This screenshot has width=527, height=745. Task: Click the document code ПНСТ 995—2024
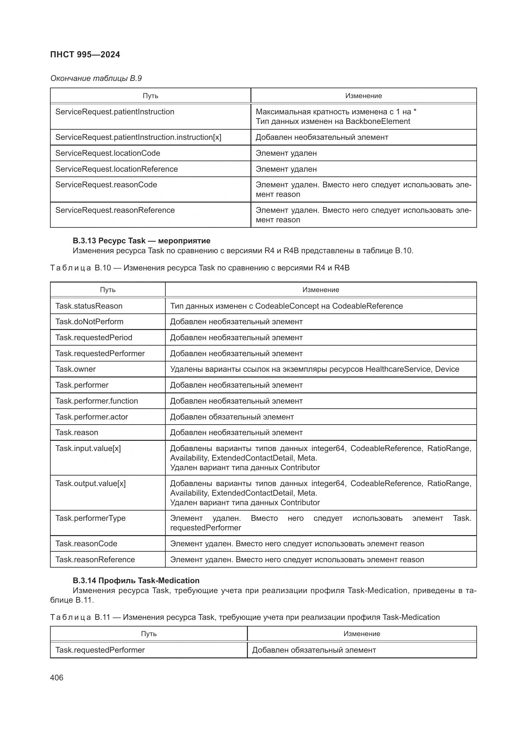[85, 54]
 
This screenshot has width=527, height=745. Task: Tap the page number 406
[57, 677]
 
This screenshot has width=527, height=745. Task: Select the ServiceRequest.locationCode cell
[107, 153]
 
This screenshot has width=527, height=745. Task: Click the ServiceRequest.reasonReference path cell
[115, 210]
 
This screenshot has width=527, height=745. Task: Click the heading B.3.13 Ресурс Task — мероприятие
[141, 241]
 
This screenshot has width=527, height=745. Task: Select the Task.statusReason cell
[89, 306]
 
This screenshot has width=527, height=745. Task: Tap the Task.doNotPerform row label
[89, 322]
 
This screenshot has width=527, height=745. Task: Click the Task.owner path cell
[75, 369]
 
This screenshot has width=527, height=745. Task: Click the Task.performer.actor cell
[91, 417]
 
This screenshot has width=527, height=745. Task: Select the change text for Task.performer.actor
[232, 417]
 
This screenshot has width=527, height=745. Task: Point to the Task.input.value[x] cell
[88, 448]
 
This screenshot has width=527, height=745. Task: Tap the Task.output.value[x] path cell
[90, 484]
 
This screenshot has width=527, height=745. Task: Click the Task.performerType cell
[90, 518]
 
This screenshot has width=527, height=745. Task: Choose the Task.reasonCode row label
[86, 544]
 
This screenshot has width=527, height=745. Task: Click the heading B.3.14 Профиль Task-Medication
[136, 581]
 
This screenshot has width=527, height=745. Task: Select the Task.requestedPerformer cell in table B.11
[100, 650]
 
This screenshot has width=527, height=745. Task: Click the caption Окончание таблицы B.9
[96, 78]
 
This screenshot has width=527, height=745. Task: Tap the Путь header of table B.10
[108, 290]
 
